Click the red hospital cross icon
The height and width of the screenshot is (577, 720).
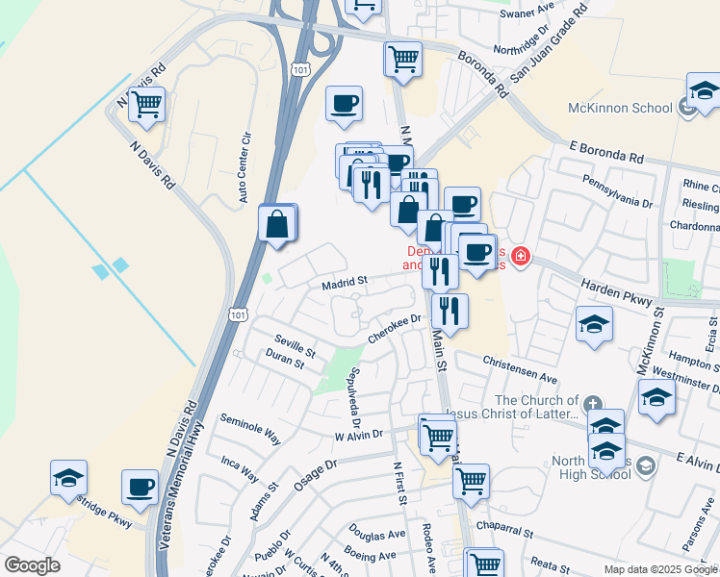[521, 256]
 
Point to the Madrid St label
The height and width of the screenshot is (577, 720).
[345, 282]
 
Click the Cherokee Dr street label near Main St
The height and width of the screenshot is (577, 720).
[395, 328]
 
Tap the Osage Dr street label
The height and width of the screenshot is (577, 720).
[315, 477]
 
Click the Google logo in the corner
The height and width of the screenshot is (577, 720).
[32, 564]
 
